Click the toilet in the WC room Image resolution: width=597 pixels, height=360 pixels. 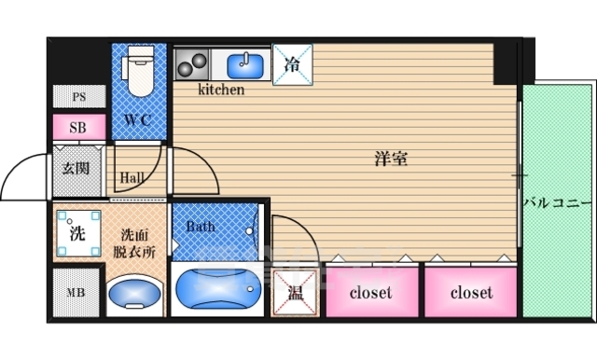(x=140, y=71)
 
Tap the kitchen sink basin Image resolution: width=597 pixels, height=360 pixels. (x=245, y=66)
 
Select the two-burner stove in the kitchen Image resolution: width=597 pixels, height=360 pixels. (x=192, y=64)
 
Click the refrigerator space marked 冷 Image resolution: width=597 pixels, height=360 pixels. (x=292, y=64)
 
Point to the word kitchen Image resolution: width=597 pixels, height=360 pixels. (x=221, y=90)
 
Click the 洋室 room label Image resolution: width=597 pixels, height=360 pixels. (x=391, y=159)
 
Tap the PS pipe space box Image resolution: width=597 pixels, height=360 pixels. (x=79, y=96)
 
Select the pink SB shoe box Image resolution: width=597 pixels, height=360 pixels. (x=79, y=127)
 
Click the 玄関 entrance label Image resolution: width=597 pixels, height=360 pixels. (x=76, y=168)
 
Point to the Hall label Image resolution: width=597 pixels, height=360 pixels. (x=132, y=177)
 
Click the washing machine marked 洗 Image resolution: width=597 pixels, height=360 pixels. (x=78, y=233)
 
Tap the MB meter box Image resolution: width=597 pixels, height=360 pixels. (x=76, y=292)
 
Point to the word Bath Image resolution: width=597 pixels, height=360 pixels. (x=201, y=227)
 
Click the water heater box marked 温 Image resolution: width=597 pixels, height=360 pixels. (x=295, y=293)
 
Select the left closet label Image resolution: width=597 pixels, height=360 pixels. (x=370, y=292)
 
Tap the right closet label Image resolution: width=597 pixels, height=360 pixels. (x=471, y=292)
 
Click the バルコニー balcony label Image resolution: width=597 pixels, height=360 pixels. (x=558, y=202)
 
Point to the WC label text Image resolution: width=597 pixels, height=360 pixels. (x=138, y=120)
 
